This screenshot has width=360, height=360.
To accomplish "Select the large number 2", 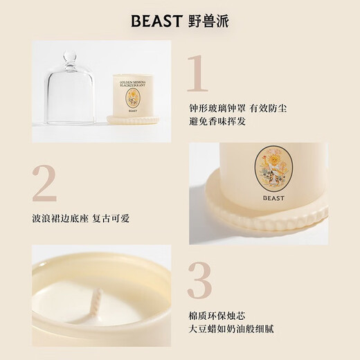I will pyautogui.click(x=44, y=185).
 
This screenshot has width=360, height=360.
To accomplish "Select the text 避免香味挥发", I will pyautogui.click(x=217, y=121).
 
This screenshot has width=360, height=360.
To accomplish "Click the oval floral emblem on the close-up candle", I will pyautogui.click(x=272, y=168).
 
